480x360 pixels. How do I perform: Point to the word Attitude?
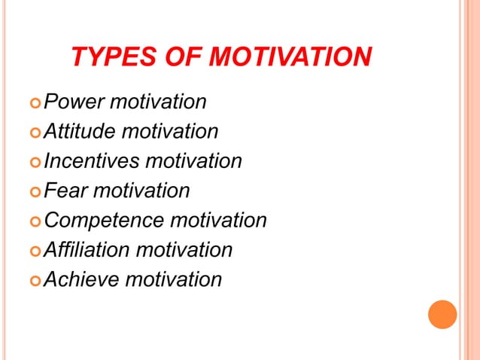[x=80, y=132]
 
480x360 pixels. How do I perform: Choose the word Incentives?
[x=91, y=161]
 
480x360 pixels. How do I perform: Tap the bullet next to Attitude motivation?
[x=35, y=133]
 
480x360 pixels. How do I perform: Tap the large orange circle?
[x=442, y=314]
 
